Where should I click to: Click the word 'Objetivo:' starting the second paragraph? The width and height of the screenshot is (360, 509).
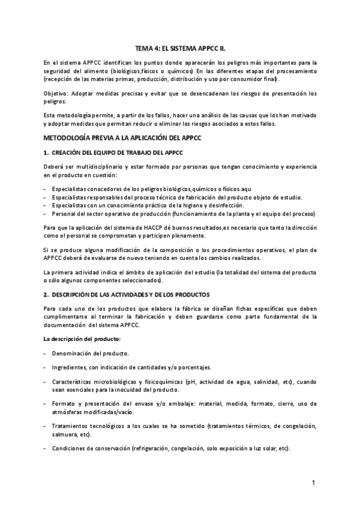[x=56, y=94]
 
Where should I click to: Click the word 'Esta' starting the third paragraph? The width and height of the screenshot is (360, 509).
[x=50, y=114]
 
